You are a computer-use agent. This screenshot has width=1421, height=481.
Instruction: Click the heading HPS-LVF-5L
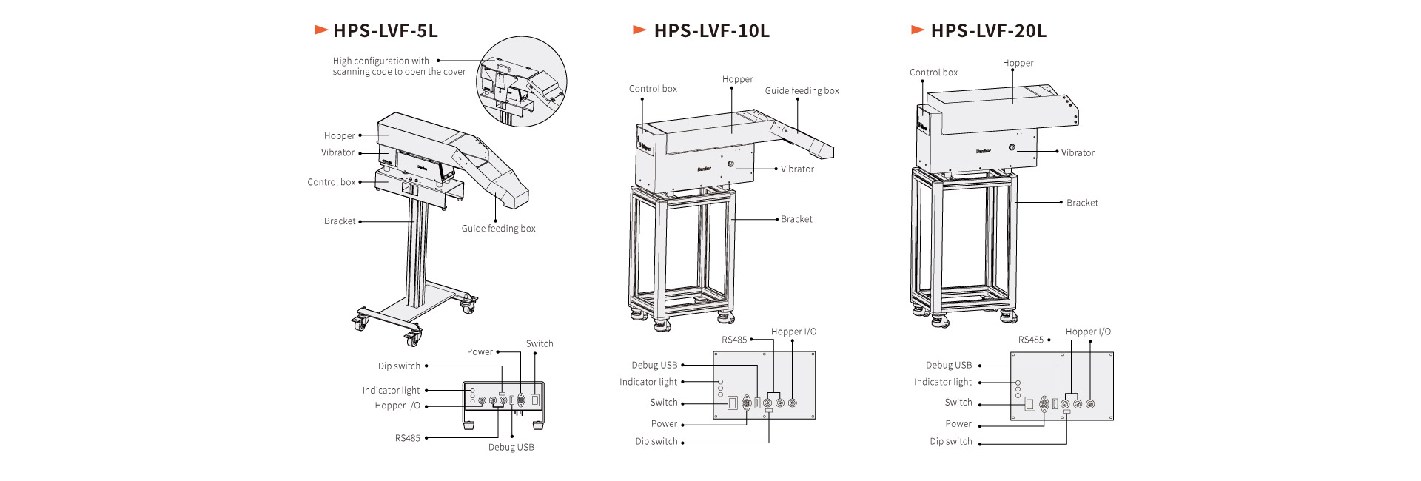385,30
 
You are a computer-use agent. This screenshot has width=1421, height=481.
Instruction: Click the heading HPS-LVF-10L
711,30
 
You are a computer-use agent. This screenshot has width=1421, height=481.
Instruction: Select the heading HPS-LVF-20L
988,30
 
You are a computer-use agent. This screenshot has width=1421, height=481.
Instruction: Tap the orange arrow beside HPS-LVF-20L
918,30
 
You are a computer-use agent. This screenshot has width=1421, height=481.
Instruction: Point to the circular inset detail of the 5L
521,81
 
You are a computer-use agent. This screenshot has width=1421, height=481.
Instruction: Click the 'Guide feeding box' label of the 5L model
498,229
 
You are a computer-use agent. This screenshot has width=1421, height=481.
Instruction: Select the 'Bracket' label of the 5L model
340,221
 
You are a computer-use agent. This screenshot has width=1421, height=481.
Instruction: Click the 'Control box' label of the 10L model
653,89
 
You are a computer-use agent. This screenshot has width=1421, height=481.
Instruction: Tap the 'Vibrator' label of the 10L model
797,169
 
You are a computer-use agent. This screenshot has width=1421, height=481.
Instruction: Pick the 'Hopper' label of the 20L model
1018,64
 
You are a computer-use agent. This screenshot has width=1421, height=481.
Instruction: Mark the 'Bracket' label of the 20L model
1082,203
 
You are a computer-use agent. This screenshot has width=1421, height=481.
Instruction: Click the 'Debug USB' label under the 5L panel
511,448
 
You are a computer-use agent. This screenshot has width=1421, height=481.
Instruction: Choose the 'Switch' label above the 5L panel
540,344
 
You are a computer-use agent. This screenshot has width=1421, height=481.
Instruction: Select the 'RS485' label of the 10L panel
734,340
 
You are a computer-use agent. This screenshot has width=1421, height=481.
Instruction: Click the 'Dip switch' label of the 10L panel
656,442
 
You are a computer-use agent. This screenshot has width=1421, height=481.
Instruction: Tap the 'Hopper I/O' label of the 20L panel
1088,332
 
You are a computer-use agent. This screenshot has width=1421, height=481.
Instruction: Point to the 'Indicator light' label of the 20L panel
942,383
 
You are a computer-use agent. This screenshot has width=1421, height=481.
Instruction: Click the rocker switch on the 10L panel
732,403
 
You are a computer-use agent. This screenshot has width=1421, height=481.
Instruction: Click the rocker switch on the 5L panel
534,400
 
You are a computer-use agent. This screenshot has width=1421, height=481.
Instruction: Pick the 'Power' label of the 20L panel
958,424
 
